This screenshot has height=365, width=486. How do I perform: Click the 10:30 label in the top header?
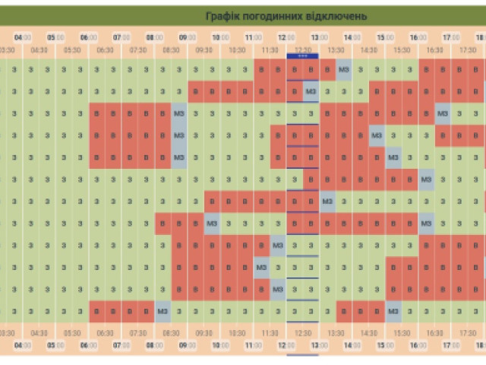[237, 49]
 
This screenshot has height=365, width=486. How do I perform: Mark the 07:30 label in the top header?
[138, 49]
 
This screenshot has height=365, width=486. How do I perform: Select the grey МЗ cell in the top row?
[344, 69]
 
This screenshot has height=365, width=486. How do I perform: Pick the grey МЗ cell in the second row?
[311, 92]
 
